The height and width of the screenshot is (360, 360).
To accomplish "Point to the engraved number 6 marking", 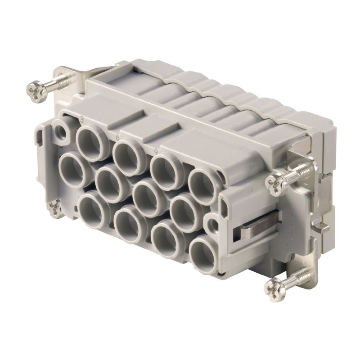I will [x=117, y=135].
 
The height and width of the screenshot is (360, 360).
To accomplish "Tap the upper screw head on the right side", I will [x=274, y=183].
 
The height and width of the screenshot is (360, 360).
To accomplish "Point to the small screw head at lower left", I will [x=55, y=208].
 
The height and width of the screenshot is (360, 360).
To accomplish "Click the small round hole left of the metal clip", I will [x=211, y=223].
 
